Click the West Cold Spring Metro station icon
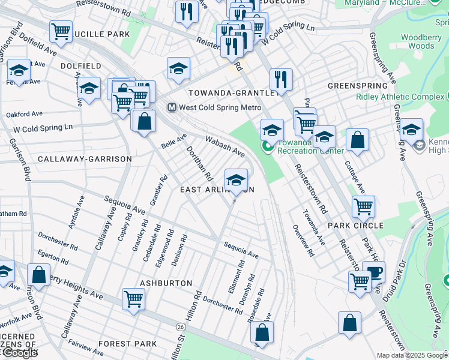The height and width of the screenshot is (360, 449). point(172,107)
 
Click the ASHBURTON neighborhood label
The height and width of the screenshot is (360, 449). point(166,283)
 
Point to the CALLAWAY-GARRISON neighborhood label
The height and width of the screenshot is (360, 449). point(85,159)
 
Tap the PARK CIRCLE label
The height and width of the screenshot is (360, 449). point(355,225)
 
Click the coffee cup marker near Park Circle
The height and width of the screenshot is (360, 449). point(375,272)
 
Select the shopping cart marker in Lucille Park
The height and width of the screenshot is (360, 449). point(61,32)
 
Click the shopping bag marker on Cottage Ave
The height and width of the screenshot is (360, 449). point(357,140)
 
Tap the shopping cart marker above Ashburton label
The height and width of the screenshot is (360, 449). point(133,299)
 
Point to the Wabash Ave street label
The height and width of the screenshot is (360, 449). point(224,145)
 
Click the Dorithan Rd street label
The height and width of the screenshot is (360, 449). point(199,164)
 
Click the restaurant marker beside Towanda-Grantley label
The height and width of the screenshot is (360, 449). point(280,79)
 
